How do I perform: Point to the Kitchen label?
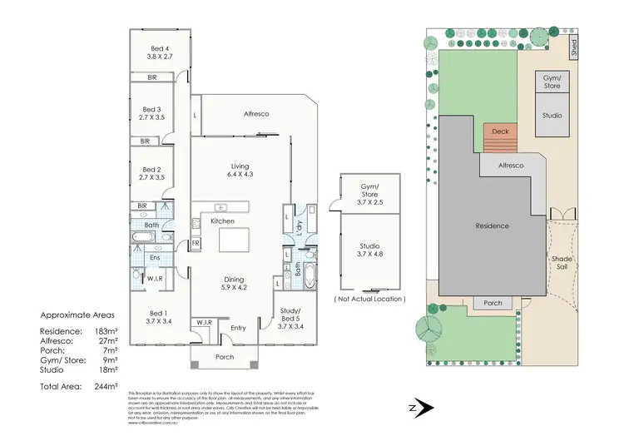click(x=222, y=220)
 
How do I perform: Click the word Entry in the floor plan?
click(x=239, y=328)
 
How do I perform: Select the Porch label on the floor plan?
click(x=225, y=358)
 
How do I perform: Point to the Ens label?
click(x=155, y=258)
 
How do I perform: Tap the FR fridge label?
click(x=196, y=244)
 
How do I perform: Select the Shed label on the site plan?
click(x=573, y=47)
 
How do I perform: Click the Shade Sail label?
click(x=562, y=264)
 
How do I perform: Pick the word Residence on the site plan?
click(x=492, y=225)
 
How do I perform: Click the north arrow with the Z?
click(x=420, y=408)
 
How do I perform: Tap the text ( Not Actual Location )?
click(x=369, y=298)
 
